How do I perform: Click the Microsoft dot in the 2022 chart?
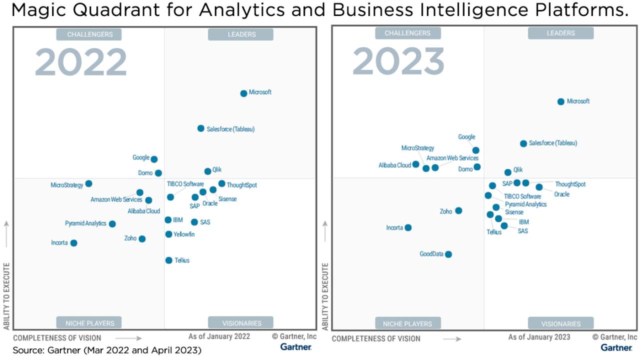point(243,93)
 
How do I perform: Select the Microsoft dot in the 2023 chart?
point(560,101)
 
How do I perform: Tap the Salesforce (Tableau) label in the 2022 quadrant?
point(230,129)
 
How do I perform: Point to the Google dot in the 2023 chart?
point(475,150)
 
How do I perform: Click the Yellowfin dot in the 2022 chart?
point(169,234)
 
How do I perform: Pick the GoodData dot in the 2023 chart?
point(448,254)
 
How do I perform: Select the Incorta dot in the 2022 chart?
point(74,243)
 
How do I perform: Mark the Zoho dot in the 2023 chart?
point(458,210)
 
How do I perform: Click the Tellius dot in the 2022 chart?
point(169,260)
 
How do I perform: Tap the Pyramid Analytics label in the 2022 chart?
point(85,223)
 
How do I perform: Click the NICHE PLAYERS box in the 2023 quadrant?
point(408,323)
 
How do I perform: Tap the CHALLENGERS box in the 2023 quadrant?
point(407,33)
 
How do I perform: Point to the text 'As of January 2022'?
point(219,336)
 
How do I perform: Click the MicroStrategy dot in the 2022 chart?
point(88,183)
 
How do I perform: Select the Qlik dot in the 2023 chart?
point(508,172)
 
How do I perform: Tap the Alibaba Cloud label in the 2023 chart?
point(394,164)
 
